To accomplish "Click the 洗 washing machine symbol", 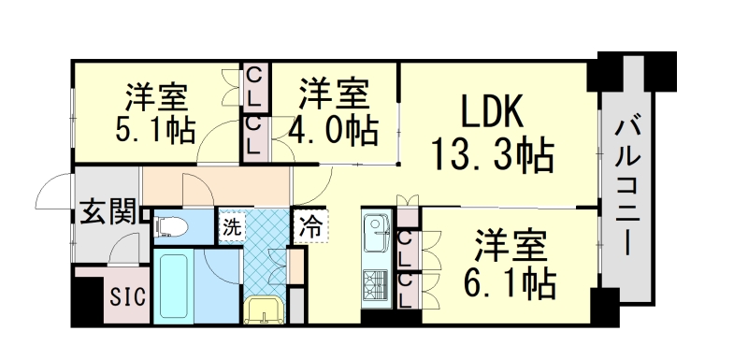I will pos(231,225).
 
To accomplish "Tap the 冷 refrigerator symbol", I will pos(311,225).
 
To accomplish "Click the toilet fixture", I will pos(170,225).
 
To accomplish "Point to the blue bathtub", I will pos(174,285).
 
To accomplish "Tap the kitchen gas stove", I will pos(376,283).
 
